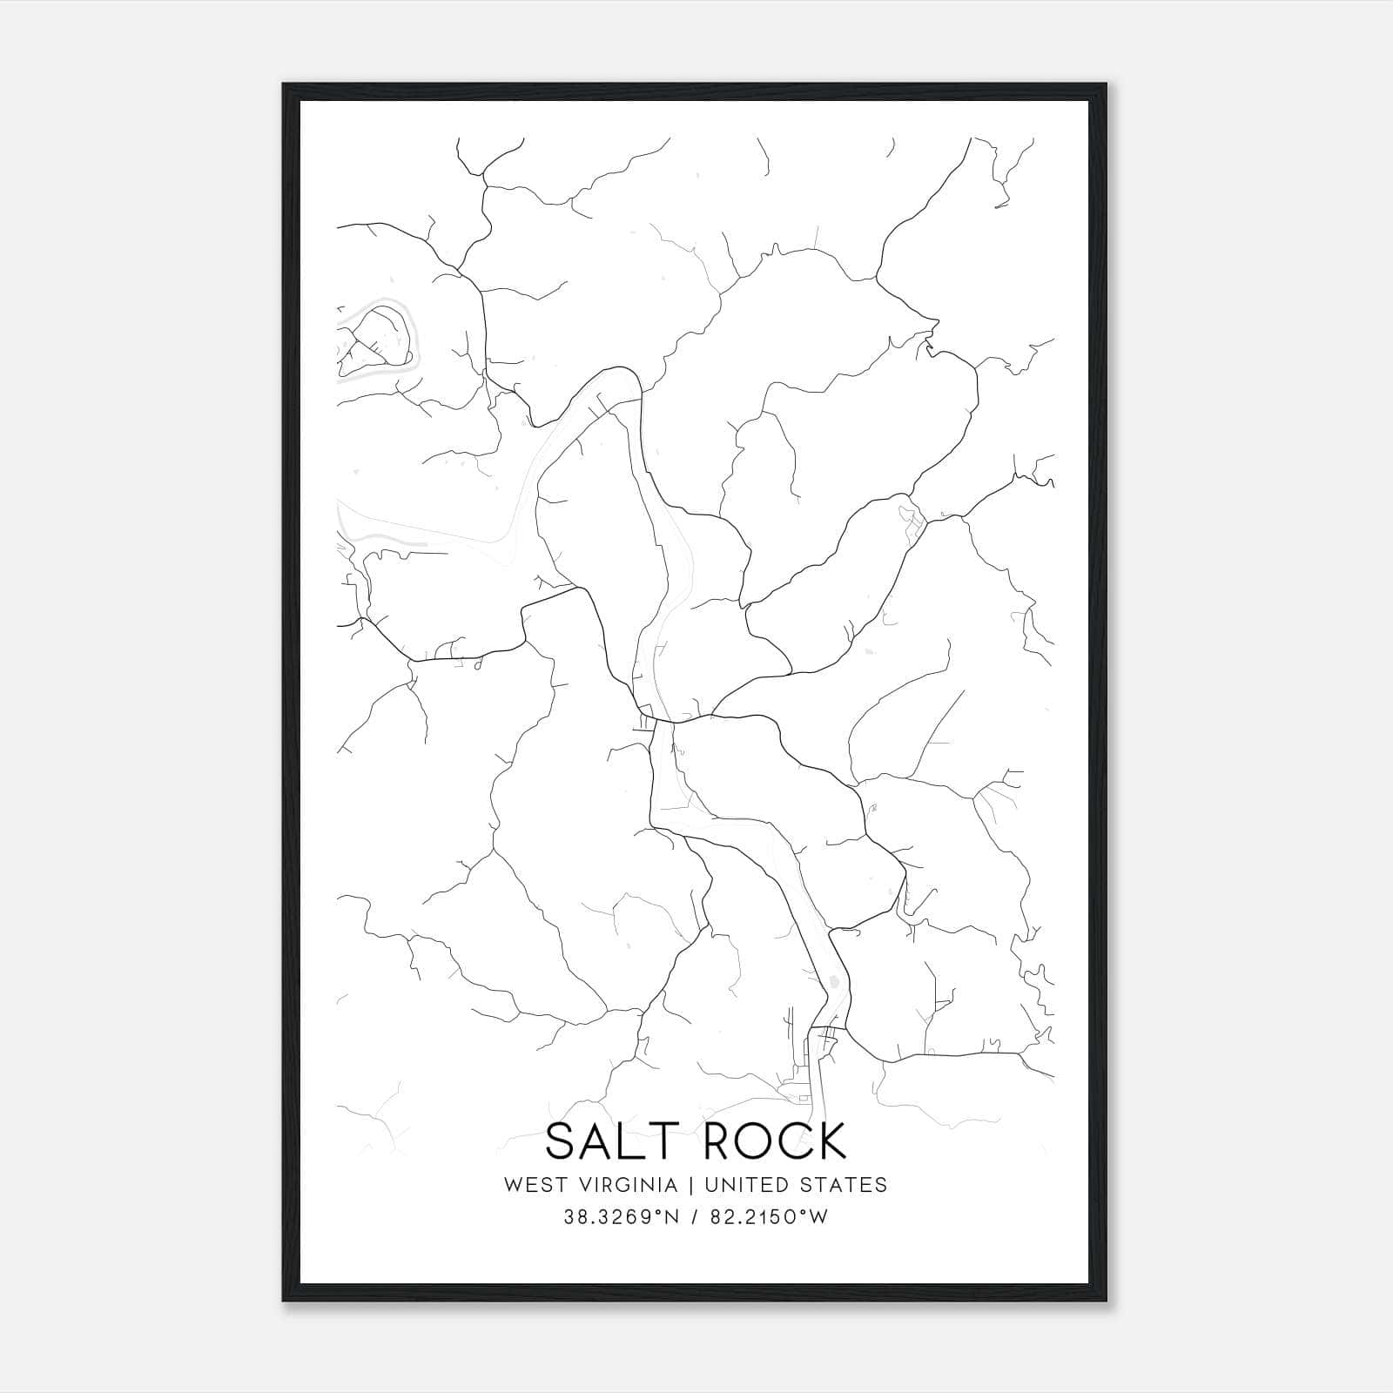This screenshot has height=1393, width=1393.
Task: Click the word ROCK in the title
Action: (x=774, y=1141)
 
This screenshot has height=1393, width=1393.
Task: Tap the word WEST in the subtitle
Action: (x=532, y=1185)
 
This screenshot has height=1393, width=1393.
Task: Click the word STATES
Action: (x=845, y=1185)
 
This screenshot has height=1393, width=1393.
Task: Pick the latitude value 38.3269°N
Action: (x=619, y=1217)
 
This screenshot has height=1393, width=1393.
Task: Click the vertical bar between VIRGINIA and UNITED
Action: (x=691, y=1185)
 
